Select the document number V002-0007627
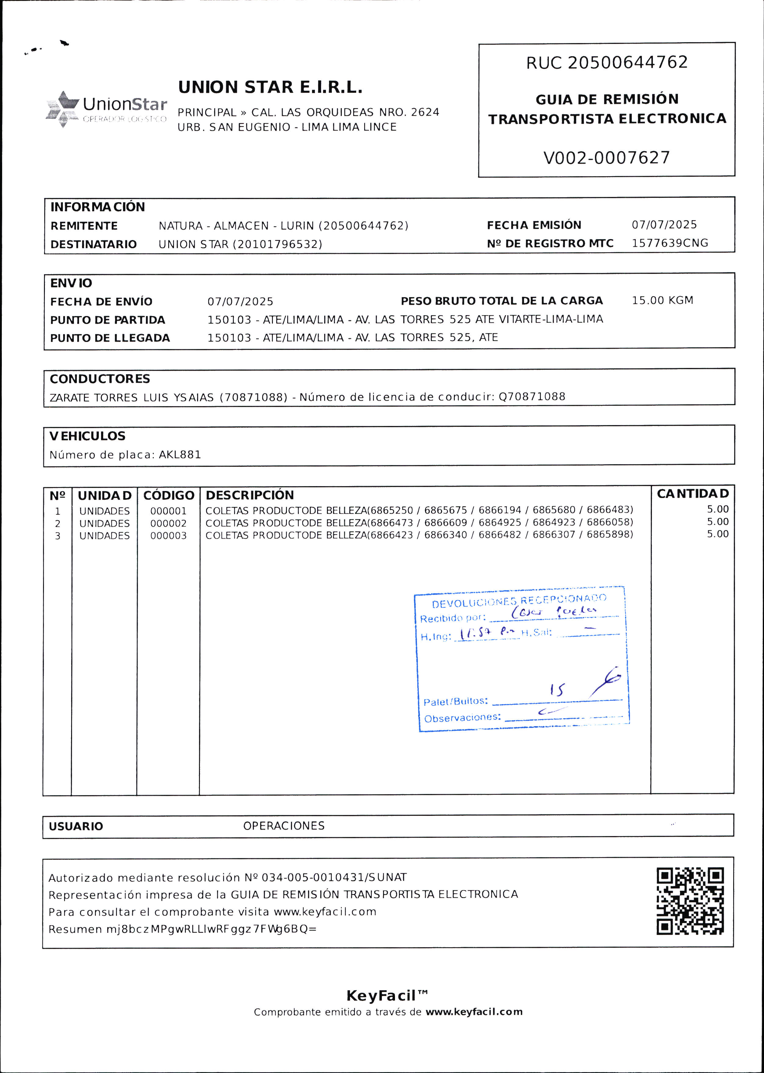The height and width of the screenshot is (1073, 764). (606, 158)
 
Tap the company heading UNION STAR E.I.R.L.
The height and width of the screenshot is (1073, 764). (270, 88)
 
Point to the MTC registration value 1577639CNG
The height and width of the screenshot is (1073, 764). (669, 243)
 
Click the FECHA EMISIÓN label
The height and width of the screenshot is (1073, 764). (534, 225)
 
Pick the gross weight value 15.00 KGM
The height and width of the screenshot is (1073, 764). (662, 300)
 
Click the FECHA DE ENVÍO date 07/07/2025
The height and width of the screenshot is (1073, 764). (241, 302)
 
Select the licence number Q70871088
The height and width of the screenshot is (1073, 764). (532, 397)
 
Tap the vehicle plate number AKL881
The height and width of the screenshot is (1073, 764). (180, 455)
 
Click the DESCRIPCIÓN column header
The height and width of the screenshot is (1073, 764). (250, 495)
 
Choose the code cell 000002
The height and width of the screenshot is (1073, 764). (168, 523)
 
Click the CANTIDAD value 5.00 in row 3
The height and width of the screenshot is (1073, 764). (717, 534)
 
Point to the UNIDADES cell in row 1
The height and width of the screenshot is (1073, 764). (104, 511)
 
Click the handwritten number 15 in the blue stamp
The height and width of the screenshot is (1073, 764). (557, 690)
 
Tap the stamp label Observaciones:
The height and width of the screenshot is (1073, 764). (462, 718)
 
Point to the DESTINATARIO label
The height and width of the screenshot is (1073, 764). (94, 244)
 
